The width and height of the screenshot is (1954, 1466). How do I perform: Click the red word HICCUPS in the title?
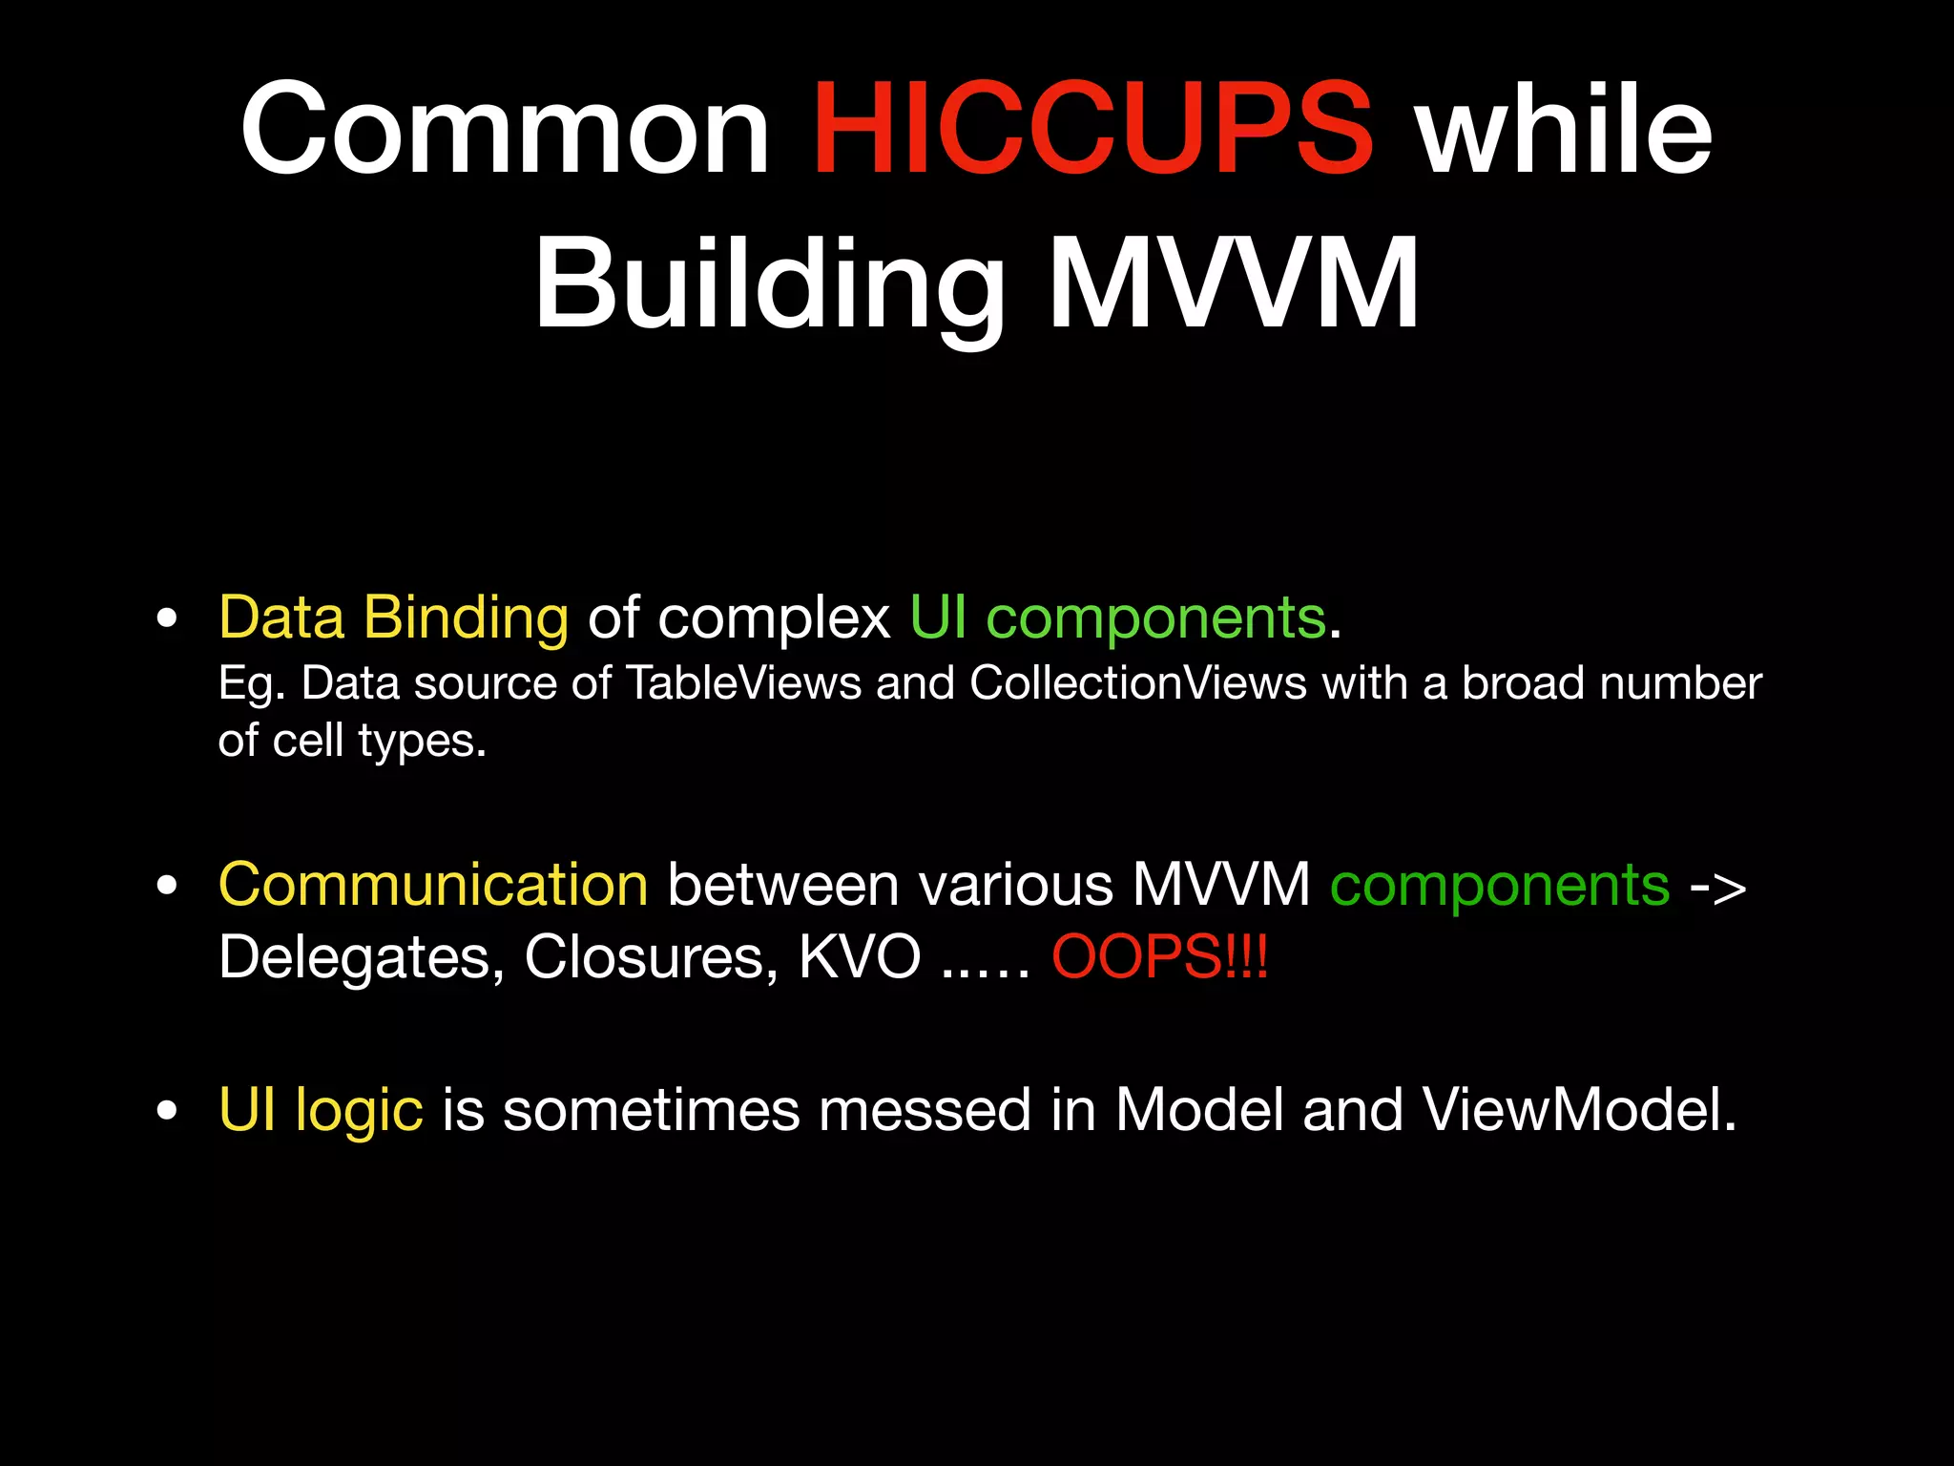click(1091, 130)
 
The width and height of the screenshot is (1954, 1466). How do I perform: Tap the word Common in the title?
click(505, 130)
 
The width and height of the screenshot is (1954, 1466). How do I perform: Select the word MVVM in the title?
click(1233, 284)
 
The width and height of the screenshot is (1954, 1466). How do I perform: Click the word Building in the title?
click(769, 284)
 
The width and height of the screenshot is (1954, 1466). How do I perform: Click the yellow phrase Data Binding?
click(393, 618)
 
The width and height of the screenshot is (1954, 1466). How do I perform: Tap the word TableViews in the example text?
click(743, 683)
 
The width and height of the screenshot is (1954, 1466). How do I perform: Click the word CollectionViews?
click(1137, 683)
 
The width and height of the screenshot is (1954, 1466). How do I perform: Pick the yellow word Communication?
click(433, 885)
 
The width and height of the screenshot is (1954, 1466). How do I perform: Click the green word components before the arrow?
click(1500, 885)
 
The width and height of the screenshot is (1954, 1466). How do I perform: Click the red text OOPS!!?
click(1159, 956)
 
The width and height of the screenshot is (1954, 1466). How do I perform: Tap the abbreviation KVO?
click(860, 956)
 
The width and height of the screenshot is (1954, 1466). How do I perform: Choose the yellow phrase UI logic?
click(321, 1111)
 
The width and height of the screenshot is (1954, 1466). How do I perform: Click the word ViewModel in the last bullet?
click(1579, 1111)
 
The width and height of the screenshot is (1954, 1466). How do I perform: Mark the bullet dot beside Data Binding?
click(168, 618)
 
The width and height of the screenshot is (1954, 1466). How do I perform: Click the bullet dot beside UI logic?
click(168, 1111)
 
